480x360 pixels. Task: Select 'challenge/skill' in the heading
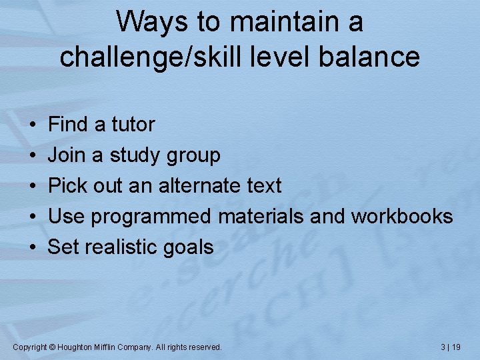click(x=153, y=57)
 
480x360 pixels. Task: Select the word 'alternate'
click(x=201, y=185)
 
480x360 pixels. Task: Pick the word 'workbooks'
click(x=402, y=216)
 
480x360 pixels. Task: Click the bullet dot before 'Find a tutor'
click(x=33, y=125)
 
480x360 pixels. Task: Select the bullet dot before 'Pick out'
click(x=33, y=186)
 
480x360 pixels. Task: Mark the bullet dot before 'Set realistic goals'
click(x=33, y=247)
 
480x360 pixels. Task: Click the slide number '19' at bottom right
click(x=456, y=347)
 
